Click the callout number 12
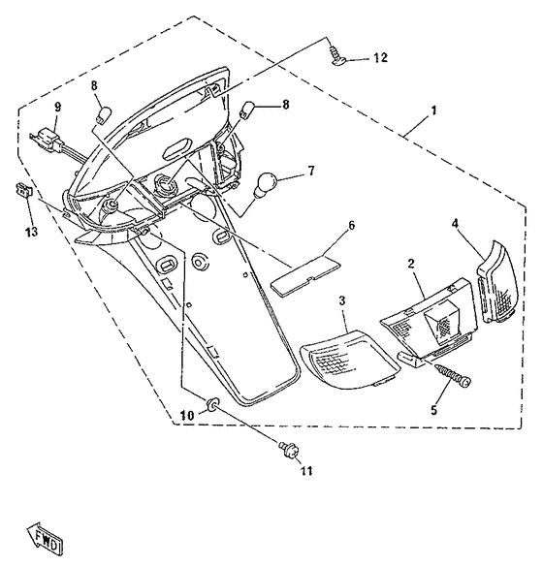click(380, 58)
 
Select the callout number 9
click(57, 108)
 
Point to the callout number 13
click(32, 233)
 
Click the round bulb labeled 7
click(266, 184)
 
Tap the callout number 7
click(311, 171)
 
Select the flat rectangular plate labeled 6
click(305, 275)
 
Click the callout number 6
click(351, 226)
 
